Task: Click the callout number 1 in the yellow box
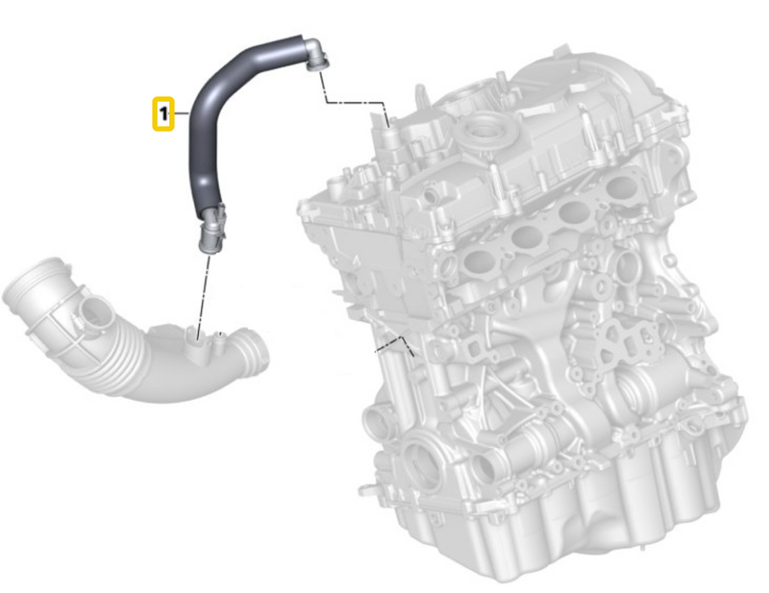click(x=164, y=113)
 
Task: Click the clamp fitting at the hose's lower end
click(x=211, y=227)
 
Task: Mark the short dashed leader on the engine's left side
click(x=394, y=341)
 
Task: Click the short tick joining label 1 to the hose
click(x=181, y=113)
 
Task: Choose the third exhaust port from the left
click(x=575, y=213)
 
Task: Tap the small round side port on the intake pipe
click(x=93, y=312)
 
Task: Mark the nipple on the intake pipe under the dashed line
click(x=197, y=337)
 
